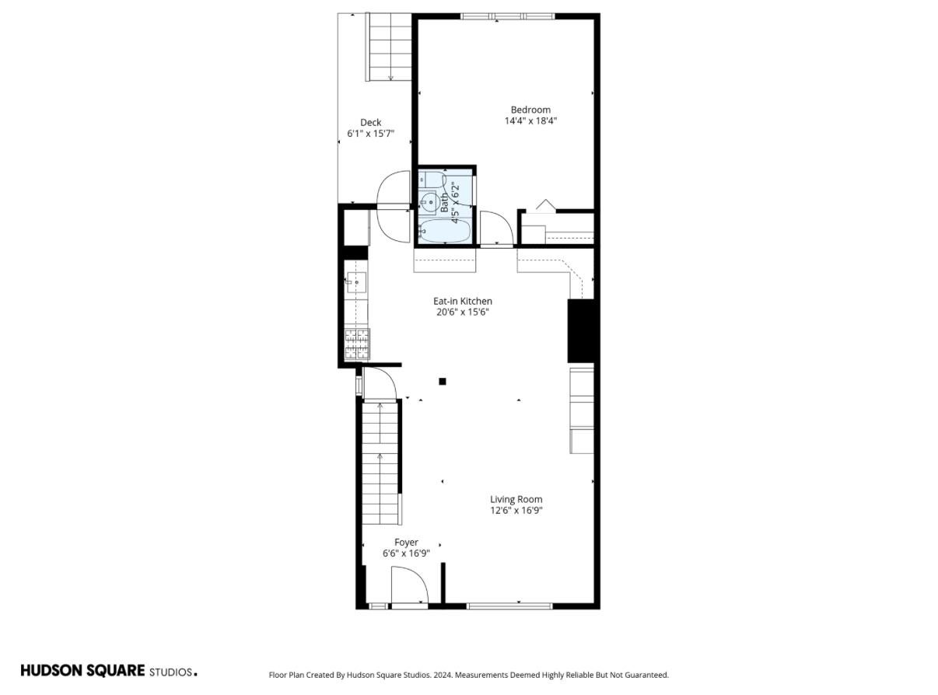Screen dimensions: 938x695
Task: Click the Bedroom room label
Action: coord(530,110)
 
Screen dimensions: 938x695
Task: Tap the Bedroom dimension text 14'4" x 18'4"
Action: coord(530,121)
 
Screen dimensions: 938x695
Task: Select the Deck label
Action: coord(370,123)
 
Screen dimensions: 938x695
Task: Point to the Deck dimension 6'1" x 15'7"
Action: coord(370,134)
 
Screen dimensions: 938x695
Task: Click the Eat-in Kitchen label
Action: coord(463,302)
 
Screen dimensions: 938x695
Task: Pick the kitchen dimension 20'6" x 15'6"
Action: coord(463,313)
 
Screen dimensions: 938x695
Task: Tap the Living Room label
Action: coord(516,499)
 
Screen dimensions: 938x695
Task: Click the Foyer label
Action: coord(406,543)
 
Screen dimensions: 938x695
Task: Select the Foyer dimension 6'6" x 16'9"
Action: coord(406,554)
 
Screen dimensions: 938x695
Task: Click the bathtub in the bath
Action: coord(444,231)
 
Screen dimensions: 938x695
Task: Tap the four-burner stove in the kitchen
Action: coord(357,344)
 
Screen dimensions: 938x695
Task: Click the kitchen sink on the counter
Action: coord(356,282)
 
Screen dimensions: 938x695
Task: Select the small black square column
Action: coord(443,382)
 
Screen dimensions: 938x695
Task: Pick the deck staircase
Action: coord(389,47)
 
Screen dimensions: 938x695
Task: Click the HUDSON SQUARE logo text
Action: coord(83,671)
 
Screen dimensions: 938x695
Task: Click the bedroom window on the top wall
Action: coord(507,16)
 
